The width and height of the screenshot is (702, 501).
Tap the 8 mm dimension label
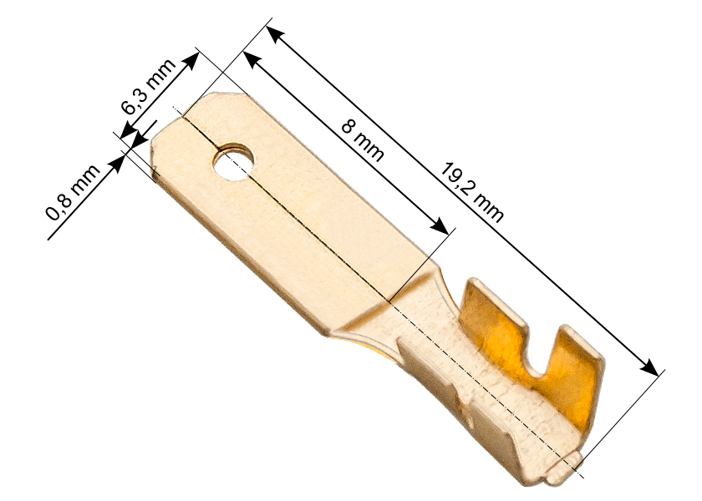[362, 140]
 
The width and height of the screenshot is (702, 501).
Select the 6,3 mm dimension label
[149, 86]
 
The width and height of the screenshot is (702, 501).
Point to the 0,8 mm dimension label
[73, 192]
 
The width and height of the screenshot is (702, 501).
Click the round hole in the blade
[233, 162]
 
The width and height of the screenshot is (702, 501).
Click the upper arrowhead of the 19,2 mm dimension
[275, 35]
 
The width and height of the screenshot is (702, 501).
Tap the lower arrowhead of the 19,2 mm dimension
[649, 367]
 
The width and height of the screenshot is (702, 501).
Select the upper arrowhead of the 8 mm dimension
[252, 60]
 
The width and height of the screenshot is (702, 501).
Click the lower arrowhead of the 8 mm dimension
[439, 226]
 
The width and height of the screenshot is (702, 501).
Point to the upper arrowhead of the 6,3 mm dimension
[191, 60]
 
